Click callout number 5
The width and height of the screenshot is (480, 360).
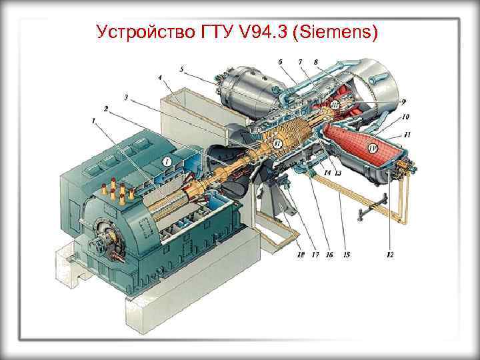pyautogui.click(x=181, y=69)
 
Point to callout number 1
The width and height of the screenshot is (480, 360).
pyautogui.click(x=94, y=121)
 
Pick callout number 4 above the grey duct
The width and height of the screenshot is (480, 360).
pyautogui.click(x=160, y=78)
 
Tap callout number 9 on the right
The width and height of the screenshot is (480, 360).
pyautogui.click(x=403, y=101)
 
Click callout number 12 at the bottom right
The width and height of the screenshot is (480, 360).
pyautogui.click(x=389, y=255)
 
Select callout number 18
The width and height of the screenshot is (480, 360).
pyautogui.click(x=301, y=255)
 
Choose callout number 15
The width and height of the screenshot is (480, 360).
pyautogui.click(x=346, y=255)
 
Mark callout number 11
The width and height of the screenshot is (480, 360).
pyautogui.click(x=407, y=134)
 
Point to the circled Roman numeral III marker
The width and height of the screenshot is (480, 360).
pyautogui.click(x=335, y=105)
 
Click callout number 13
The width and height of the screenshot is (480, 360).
pyautogui.click(x=338, y=173)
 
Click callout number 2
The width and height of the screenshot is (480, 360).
pyautogui.click(x=105, y=108)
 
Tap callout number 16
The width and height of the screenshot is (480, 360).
pyautogui.click(x=329, y=255)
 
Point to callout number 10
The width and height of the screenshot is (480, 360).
pyautogui.click(x=405, y=117)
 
